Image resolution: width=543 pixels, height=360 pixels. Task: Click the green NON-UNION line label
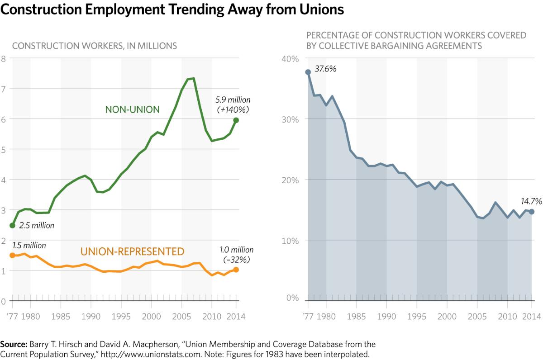[132, 109]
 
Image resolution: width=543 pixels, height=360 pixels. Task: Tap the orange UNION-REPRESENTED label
[132, 251]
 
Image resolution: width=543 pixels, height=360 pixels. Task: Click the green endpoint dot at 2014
[236, 120]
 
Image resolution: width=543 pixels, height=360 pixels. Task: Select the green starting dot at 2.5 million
[13, 225]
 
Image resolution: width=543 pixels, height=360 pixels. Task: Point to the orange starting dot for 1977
[13, 256]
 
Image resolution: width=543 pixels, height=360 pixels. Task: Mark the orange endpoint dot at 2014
[236, 270]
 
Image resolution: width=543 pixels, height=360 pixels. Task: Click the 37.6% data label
[326, 69]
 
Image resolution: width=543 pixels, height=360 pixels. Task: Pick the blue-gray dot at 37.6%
[308, 72]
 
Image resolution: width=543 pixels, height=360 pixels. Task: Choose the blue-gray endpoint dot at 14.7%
[532, 212]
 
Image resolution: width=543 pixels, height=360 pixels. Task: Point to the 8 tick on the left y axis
[4, 58]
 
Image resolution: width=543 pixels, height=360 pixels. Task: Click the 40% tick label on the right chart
[291, 59]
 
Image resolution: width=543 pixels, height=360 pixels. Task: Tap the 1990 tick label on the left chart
[91, 316]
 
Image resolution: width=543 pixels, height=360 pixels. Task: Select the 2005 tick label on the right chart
[477, 316]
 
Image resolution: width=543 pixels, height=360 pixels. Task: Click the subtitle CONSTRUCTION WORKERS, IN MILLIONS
[95, 46]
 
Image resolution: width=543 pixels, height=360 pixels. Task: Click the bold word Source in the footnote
[14, 344]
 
